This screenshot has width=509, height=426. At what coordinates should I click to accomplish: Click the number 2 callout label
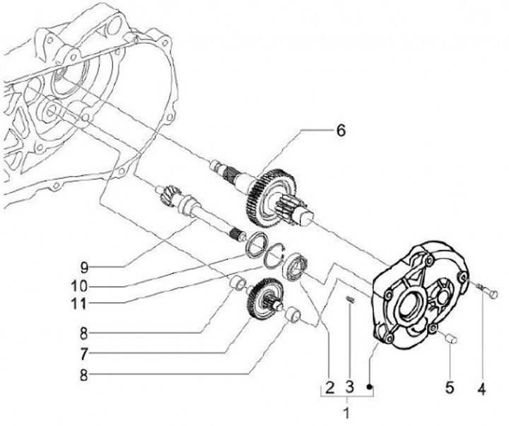(x=329, y=387)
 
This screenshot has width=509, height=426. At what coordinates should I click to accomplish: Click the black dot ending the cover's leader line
(x=370, y=386)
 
